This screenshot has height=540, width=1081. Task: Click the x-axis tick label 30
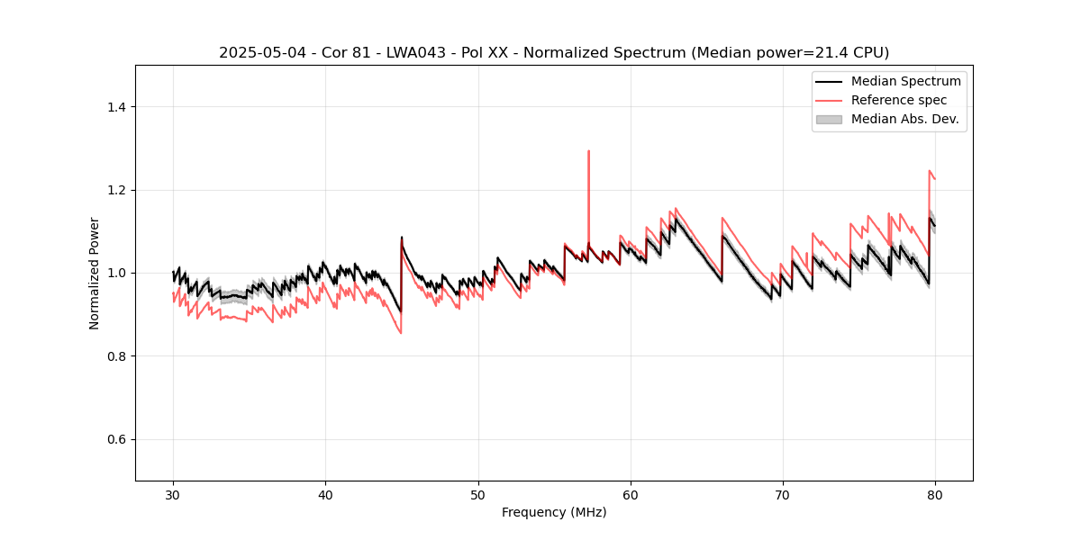[x=173, y=494]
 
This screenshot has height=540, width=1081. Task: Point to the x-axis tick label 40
[x=325, y=494]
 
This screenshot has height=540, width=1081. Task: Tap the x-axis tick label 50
[x=477, y=494]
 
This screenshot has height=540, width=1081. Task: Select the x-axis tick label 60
[x=631, y=494]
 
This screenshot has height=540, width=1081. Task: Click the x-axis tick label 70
[x=783, y=494]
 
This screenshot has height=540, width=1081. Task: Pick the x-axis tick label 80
[x=935, y=494]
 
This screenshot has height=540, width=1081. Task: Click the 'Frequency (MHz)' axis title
[x=554, y=512]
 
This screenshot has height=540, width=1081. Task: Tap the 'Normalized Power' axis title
[x=95, y=273]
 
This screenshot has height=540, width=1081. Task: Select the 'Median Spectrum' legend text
[x=905, y=81]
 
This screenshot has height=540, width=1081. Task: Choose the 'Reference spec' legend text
[x=899, y=100]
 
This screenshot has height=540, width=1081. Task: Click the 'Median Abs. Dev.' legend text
[x=904, y=119]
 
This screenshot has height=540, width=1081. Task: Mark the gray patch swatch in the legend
[x=829, y=119]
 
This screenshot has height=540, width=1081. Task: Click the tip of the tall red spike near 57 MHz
[x=588, y=151]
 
